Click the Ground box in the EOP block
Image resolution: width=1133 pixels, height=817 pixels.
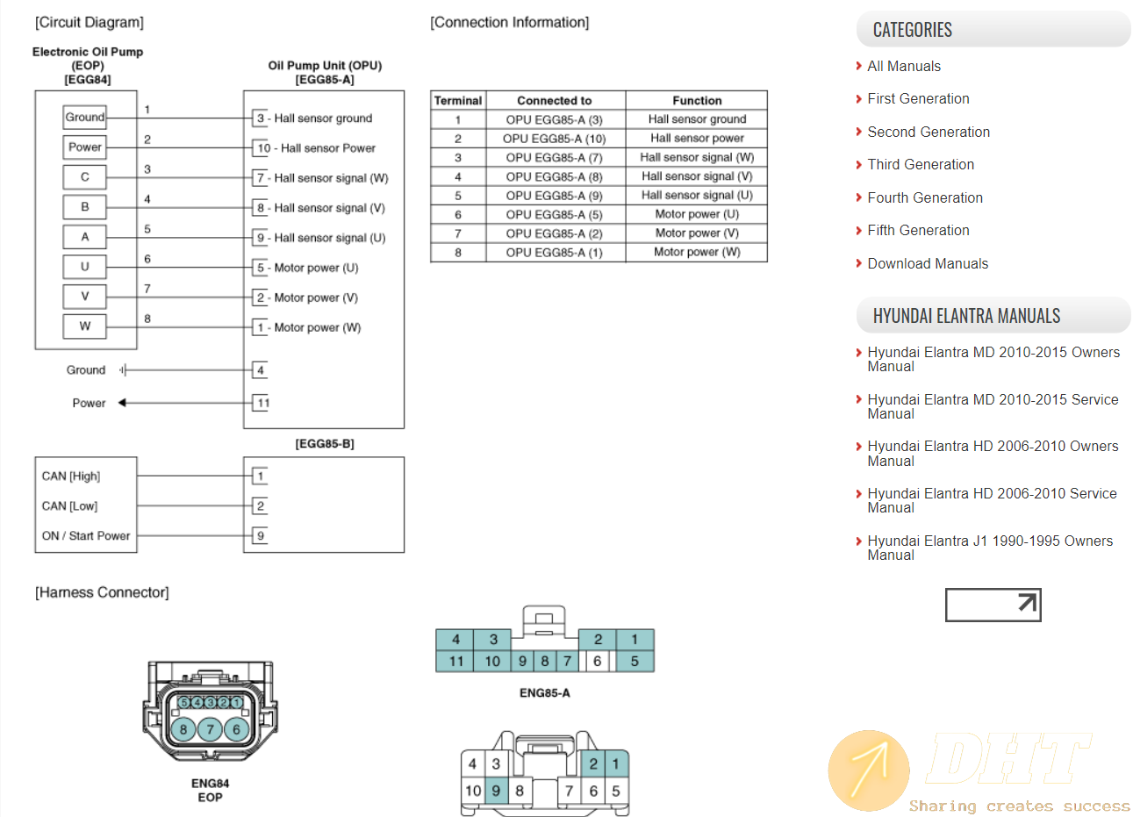85,118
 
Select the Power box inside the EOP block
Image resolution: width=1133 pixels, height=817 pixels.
85,147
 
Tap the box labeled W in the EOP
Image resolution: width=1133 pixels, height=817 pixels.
85,326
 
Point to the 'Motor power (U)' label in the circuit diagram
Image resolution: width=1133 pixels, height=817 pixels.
316,268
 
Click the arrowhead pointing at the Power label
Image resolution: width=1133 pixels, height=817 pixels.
123,403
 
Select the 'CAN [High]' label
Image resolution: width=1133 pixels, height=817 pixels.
71,477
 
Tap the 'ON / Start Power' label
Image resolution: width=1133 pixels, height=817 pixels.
86,536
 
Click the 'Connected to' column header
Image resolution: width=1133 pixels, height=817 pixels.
555,101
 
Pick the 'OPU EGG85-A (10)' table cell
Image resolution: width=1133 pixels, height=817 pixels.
555,139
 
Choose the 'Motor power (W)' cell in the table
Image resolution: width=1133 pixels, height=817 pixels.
697,252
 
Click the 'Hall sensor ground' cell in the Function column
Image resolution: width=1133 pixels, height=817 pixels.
697,119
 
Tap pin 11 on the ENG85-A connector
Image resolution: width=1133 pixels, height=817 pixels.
456,662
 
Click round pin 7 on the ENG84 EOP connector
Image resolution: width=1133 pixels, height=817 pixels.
210,729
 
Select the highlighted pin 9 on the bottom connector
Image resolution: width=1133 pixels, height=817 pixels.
496,791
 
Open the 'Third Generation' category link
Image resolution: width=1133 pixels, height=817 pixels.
921,165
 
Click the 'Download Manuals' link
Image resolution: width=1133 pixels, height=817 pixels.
928,264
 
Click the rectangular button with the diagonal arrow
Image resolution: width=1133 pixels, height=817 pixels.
993,605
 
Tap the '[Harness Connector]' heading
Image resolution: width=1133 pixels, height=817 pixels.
102,593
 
